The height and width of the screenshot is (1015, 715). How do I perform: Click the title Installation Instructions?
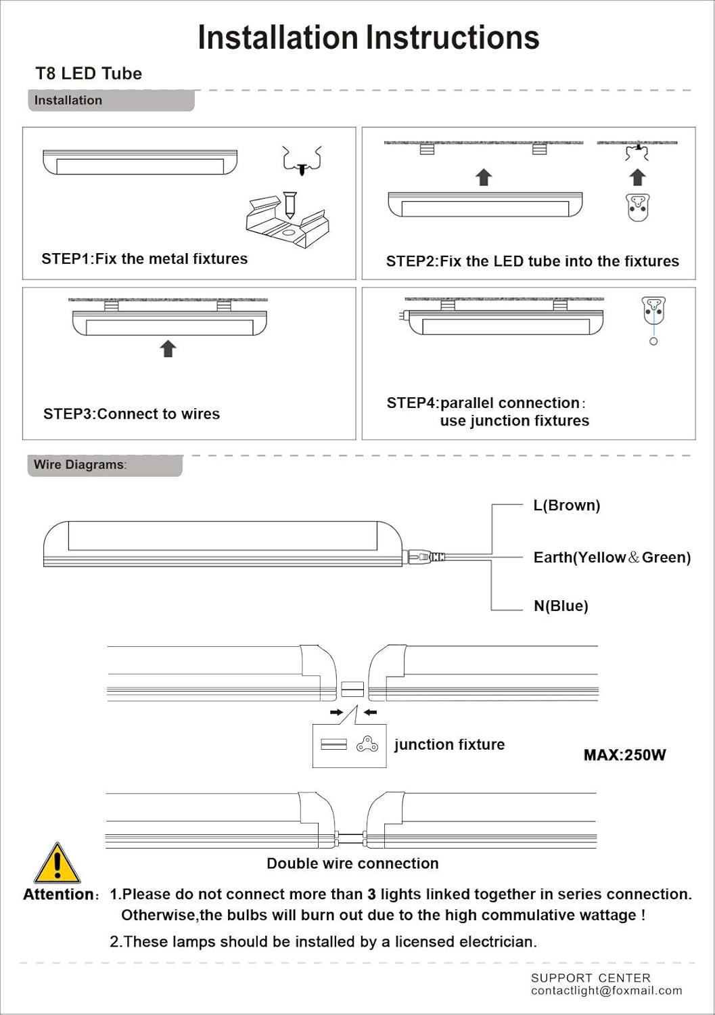pyautogui.click(x=368, y=38)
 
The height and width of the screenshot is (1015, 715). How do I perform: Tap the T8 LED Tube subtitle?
pyautogui.click(x=89, y=74)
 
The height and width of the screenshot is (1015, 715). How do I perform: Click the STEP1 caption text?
pyautogui.click(x=144, y=258)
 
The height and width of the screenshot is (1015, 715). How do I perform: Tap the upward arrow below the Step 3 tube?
pyautogui.click(x=168, y=348)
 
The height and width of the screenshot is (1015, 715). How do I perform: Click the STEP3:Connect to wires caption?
pyautogui.click(x=131, y=414)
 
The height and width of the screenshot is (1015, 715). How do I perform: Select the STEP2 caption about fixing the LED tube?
pyautogui.click(x=532, y=261)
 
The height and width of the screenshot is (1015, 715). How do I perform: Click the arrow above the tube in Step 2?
pyautogui.click(x=483, y=177)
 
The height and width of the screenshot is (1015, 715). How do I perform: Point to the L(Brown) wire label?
pyautogui.click(x=566, y=505)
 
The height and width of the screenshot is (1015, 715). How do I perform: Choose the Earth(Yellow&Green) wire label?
pyautogui.click(x=612, y=558)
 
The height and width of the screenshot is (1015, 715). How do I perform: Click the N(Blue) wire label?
pyautogui.click(x=561, y=606)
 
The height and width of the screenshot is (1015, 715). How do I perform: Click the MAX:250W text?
pyautogui.click(x=624, y=755)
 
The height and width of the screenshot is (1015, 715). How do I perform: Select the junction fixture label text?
pyautogui.click(x=449, y=744)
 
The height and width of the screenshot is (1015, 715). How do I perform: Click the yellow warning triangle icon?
pyautogui.click(x=57, y=864)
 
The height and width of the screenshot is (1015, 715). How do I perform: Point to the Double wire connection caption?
pyautogui.click(x=352, y=863)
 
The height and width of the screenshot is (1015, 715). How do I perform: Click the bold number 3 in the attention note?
pyautogui.click(x=371, y=895)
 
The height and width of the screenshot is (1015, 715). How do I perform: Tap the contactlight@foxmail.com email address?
pyautogui.click(x=606, y=991)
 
